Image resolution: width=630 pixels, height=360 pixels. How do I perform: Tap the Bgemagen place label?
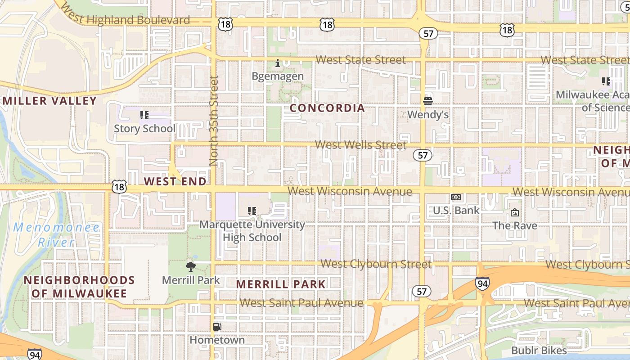pyautogui.click(x=278, y=76)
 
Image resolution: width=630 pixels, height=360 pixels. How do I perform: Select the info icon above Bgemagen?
pyautogui.click(x=278, y=63)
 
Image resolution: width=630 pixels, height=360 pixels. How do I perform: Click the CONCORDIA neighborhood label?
pyautogui.click(x=327, y=108)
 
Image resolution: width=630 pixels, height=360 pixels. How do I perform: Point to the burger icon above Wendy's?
pyautogui.click(x=427, y=101)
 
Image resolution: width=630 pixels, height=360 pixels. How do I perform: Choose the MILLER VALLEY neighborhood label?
pyautogui.click(x=49, y=101)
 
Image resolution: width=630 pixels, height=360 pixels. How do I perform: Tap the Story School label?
pyautogui.click(x=144, y=128)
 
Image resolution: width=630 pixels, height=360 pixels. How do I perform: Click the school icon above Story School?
pyautogui.click(x=144, y=115)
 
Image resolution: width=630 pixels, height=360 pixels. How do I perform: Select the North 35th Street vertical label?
pyautogui.click(x=214, y=121)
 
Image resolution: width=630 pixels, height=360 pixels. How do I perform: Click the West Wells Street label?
pyautogui.click(x=360, y=145)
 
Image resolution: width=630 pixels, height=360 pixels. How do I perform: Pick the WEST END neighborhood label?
pyautogui.click(x=175, y=181)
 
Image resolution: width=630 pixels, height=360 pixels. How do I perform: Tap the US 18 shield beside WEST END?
pyautogui.click(x=120, y=187)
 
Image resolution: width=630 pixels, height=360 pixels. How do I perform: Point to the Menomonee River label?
pyautogui.click(x=56, y=234)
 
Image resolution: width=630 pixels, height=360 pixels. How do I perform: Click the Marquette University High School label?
pyautogui.click(x=252, y=231)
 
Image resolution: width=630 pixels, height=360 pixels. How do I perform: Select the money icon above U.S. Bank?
pyautogui.click(x=456, y=197)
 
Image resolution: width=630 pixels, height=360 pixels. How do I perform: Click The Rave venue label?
pyautogui.click(x=515, y=225)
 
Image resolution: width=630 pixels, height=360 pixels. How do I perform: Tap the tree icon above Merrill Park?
pyautogui.click(x=191, y=266)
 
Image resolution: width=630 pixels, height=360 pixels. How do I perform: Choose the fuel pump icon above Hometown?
pyautogui.click(x=217, y=327)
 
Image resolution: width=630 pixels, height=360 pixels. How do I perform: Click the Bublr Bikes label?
pyautogui.click(x=539, y=350)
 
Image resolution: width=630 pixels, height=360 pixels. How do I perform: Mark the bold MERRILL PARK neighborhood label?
pyautogui.click(x=281, y=284)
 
